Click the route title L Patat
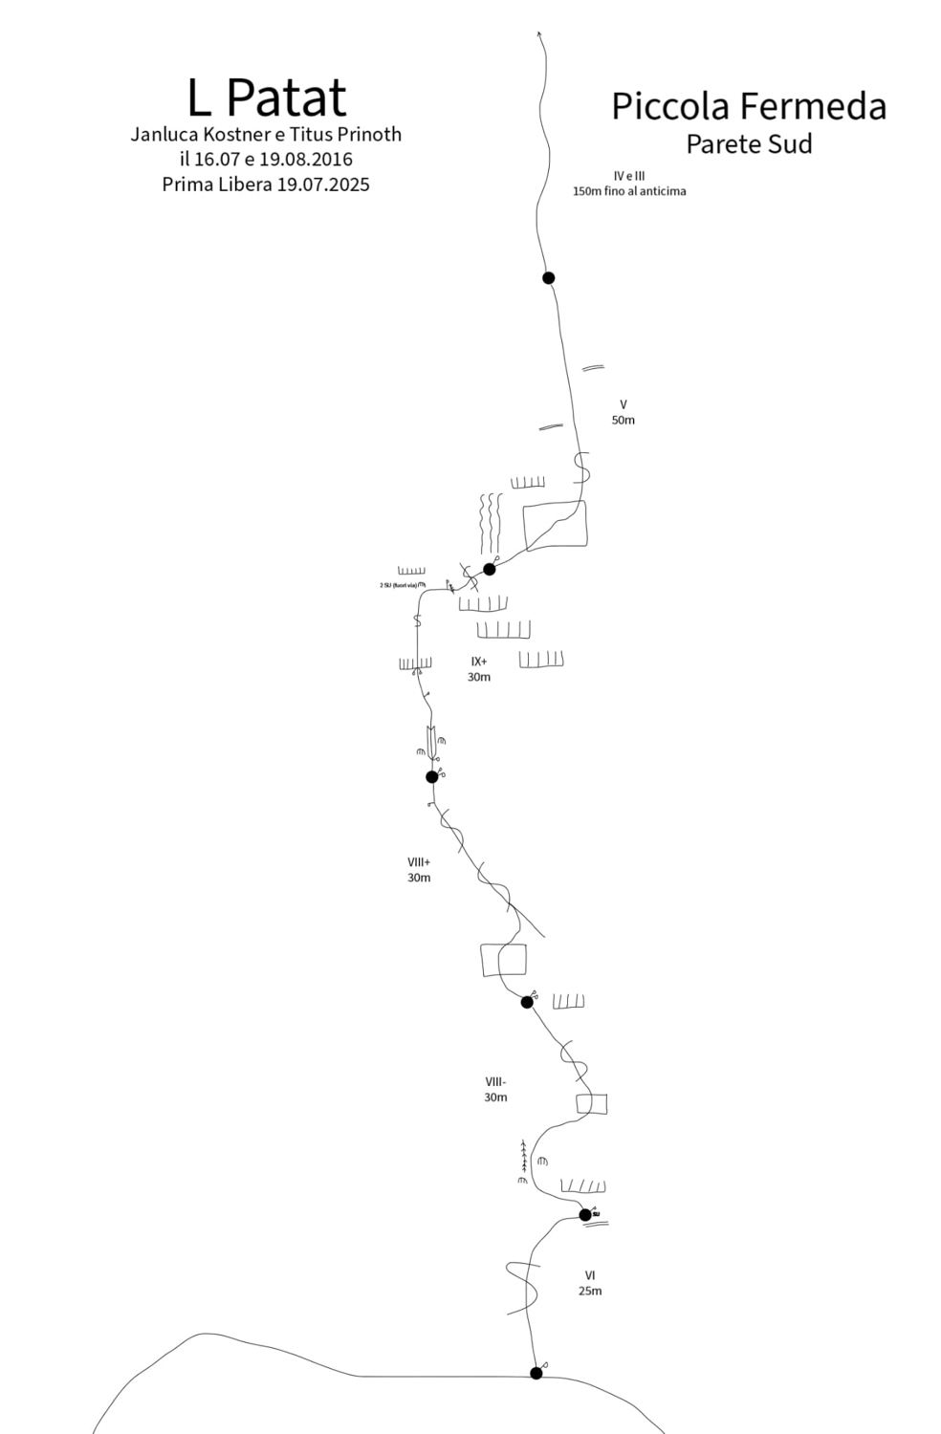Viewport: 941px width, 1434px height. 267,97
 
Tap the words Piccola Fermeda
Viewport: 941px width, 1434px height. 749,106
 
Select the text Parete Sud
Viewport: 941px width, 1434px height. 749,144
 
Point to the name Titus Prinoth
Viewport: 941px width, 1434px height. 350,134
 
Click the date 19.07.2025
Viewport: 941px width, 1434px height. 323,185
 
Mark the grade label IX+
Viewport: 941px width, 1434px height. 478,661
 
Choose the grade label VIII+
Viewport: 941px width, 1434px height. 419,861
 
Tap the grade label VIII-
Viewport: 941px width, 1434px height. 495,1081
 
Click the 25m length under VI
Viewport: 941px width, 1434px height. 590,1291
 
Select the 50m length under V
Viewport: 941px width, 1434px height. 623,420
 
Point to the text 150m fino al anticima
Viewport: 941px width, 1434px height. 629,191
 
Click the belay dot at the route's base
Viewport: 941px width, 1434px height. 536,1373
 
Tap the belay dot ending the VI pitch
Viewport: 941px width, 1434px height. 585,1215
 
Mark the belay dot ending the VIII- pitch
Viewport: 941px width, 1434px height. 527,1002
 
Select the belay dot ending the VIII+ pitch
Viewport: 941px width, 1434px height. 431,776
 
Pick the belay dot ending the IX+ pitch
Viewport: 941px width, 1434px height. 489,569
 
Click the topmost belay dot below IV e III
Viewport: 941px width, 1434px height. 548,278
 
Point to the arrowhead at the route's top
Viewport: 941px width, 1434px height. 541,35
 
